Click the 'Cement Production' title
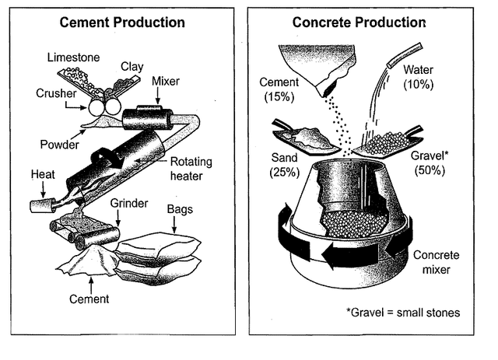[x=122, y=23]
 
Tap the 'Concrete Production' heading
[x=359, y=23]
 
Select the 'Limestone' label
[x=74, y=58]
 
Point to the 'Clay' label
[x=132, y=67]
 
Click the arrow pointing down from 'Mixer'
[x=158, y=96]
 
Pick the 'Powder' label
[x=60, y=145]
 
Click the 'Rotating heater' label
[x=191, y=169]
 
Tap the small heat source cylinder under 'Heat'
[x=42, y=206]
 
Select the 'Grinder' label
[x=129, y=203]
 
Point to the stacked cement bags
[x=159, y=259]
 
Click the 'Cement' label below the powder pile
[x=89, y=299]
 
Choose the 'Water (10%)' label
[x=419, y=77]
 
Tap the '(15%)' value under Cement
[x=279, y=96]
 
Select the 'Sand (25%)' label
[x=285, y=165]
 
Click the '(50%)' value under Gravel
[x=430, y=170]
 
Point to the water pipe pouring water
[x=405, y=55]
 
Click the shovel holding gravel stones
[x=388, y=143]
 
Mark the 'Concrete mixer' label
[x=437, y=262]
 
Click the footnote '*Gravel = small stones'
[x=403, y=313]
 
